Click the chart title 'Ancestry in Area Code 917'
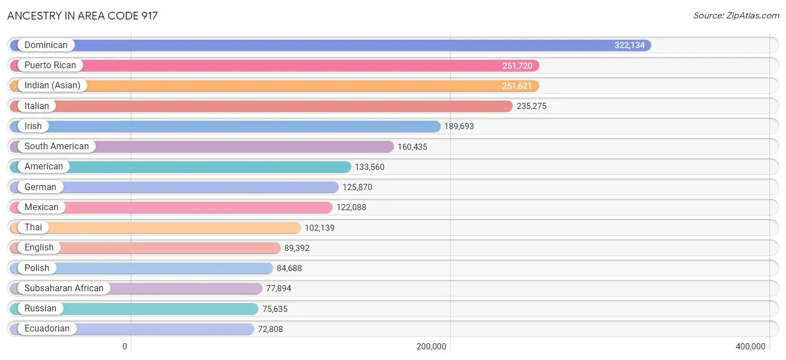coord(82,16)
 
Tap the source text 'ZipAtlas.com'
coord(736,16)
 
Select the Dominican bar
coord(330,45)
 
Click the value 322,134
coord(629,45)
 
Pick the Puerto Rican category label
coord(50,65)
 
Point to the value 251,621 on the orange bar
coord(517,86)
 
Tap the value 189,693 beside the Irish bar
coord(459,126)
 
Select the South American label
coord(56,146)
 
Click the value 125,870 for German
coord(357,187)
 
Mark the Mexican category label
coord(41,207)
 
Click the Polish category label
coord(37,268)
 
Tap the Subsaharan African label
coord(64,288)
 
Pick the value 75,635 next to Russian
coord(273,309)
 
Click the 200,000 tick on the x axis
coord(431,347)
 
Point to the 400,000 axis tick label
coord(750,347)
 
